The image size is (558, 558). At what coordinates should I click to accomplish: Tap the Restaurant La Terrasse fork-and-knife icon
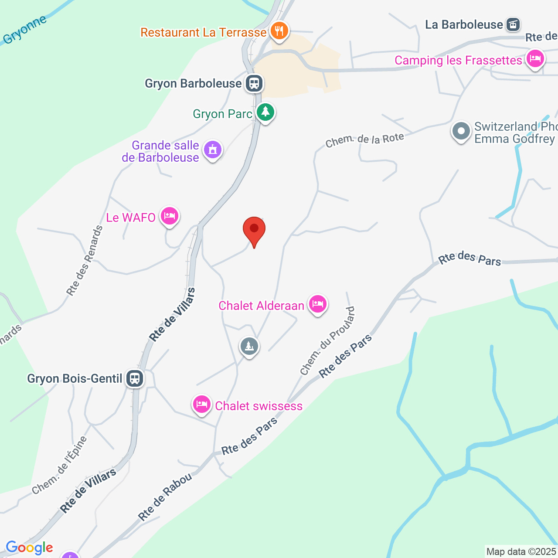tap(279, 31)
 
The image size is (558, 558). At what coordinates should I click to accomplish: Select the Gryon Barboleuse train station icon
tap(254, 83)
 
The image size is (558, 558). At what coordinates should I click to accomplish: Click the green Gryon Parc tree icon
tap(265, 113)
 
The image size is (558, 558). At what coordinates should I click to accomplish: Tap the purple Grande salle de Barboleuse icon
tap(212, 150)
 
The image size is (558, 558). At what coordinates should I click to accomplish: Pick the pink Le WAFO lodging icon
tap(169, 216)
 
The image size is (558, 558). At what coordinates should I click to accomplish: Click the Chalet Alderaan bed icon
tap(317, 304)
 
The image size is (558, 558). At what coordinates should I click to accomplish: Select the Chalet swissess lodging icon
tap(201, 405)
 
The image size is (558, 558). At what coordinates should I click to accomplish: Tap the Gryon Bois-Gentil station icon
tap(135, 378)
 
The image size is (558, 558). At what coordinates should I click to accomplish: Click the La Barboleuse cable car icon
tap(513, 24)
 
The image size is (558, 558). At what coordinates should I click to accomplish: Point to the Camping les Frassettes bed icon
tap(535, 58)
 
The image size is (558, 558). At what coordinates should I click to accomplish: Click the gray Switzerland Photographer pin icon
tap(461, 131)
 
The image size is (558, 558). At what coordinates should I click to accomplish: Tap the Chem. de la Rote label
tap(364, 140)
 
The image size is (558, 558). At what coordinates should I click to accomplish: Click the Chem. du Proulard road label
tap(327, 341)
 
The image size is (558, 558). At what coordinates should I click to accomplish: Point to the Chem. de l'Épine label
tap(60, 465)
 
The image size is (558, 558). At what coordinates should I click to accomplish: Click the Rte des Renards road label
tap(85, 261)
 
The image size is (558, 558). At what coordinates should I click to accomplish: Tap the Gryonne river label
tap(25, 30)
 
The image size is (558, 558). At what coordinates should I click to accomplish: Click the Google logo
tap(29, 548)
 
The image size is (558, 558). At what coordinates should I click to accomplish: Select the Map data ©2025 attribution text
tap(521, 551)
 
